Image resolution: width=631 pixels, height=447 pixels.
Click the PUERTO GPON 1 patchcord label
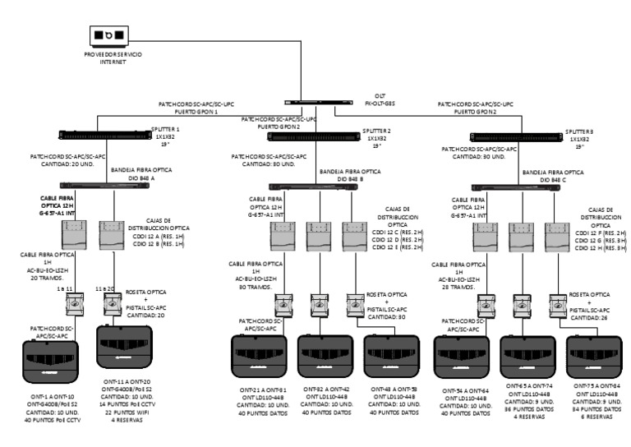click(x=192, y=110)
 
